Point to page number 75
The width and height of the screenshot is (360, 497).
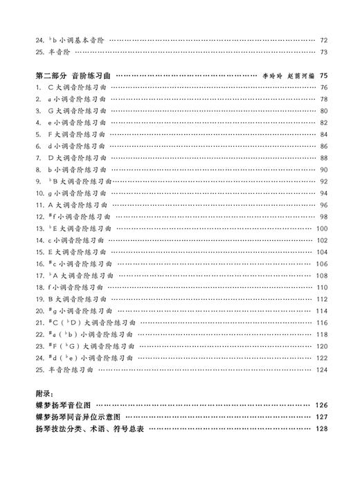323,75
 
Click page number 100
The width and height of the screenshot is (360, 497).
322,228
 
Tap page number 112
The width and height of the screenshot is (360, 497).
322,299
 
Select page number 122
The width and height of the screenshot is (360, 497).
322,358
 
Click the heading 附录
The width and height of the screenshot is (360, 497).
44,393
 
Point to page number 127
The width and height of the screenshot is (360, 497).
321,417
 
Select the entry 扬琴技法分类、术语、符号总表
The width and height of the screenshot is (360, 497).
89,429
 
